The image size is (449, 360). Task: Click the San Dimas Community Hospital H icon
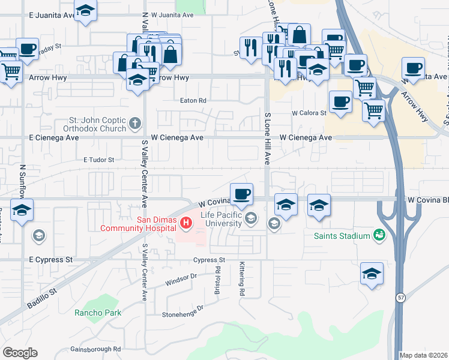click(x=186, y=224)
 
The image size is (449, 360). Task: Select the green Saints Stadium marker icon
click(x=379, y=235)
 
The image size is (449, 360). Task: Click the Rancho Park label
click(x=98, y=313)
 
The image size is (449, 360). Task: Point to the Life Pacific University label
click(x=221, y=219)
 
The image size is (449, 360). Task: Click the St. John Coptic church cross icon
click(x=136, y=125)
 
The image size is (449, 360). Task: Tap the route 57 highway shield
click(x=400, y=297)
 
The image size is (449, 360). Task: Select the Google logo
click(x=20, y=353)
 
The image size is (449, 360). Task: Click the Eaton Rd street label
click(x=193, y=101)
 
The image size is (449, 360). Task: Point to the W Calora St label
click(x=309, y=113)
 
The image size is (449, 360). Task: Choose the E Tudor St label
click(x=98, y=160)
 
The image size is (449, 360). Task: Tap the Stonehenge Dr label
click(x=183, y=311)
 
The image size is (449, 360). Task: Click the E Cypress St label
click(x=50, y=260)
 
